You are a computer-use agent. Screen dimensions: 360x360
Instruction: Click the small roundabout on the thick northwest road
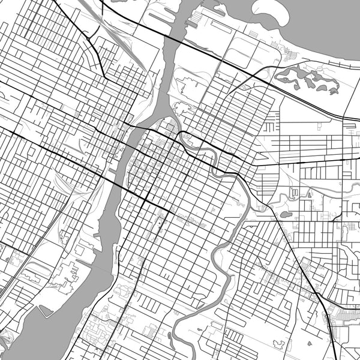[x=89, y=38]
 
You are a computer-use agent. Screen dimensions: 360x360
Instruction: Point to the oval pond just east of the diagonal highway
[x=285, y=214]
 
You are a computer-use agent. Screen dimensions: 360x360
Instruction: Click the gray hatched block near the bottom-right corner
[x=347, y=313]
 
